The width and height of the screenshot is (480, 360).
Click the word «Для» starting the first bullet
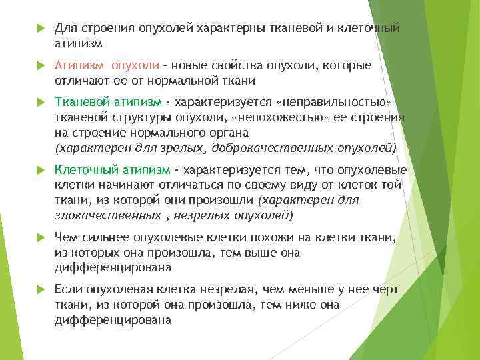point(65,29)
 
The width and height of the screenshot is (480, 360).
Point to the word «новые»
point(191,66)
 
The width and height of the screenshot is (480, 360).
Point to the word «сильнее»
point(105,237)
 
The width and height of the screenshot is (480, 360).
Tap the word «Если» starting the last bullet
point(69,289)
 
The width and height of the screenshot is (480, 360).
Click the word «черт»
point(385,289)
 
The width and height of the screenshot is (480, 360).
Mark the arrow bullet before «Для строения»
point(39,29)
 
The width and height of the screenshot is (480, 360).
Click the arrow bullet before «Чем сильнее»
point(39,237)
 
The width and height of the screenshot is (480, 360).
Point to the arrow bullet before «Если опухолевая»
point(39,289)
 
